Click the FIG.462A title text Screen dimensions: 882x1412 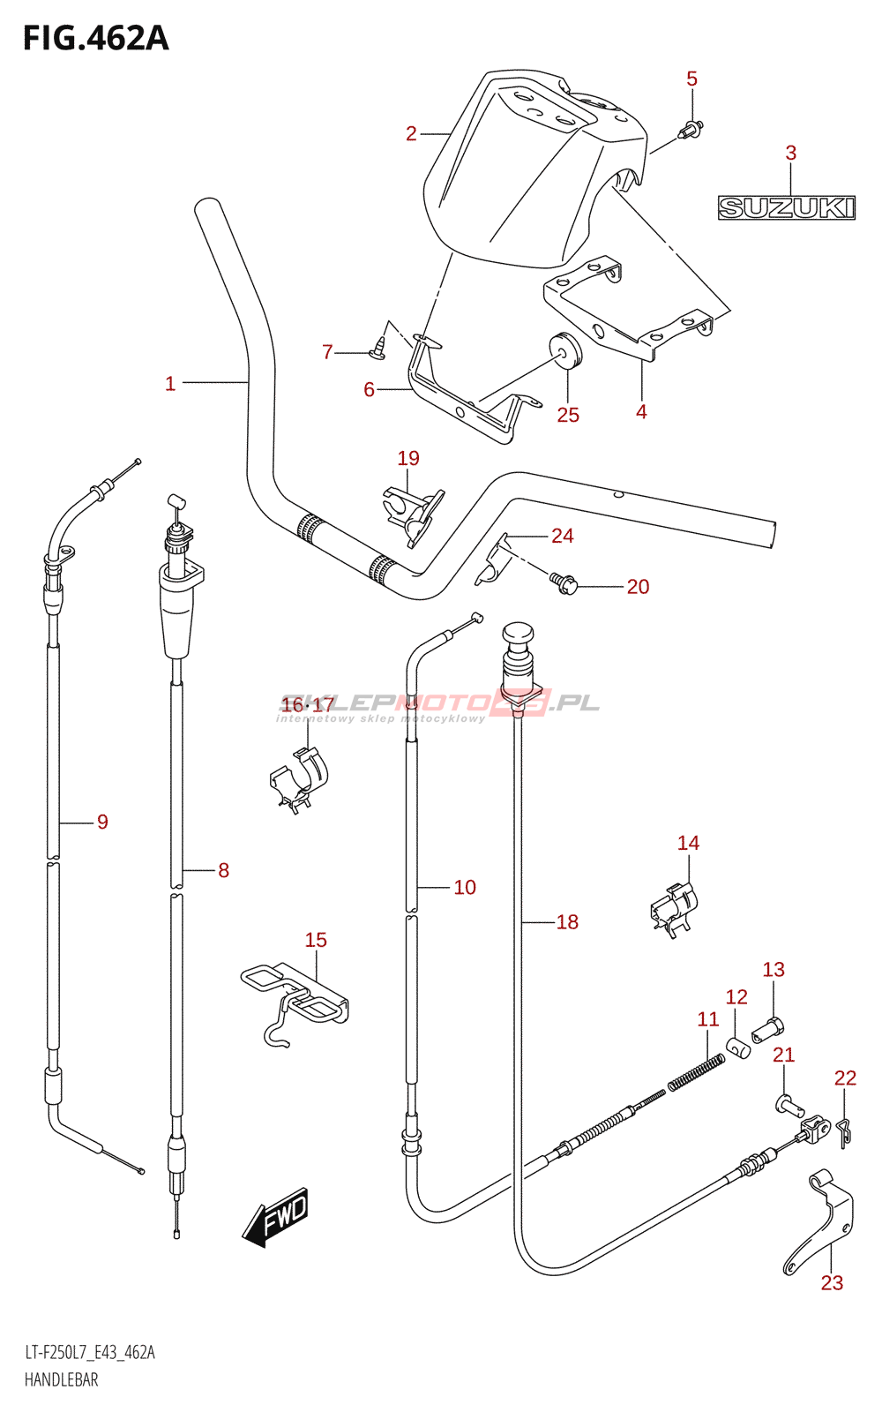96,39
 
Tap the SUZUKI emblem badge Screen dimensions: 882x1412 787,207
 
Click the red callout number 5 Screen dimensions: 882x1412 691,79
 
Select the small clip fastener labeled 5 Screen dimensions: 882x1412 691,129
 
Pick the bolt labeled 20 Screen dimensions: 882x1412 563,583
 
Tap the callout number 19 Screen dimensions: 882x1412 408,458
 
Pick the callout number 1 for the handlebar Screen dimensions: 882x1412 170,383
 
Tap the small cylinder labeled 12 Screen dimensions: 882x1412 738,1048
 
